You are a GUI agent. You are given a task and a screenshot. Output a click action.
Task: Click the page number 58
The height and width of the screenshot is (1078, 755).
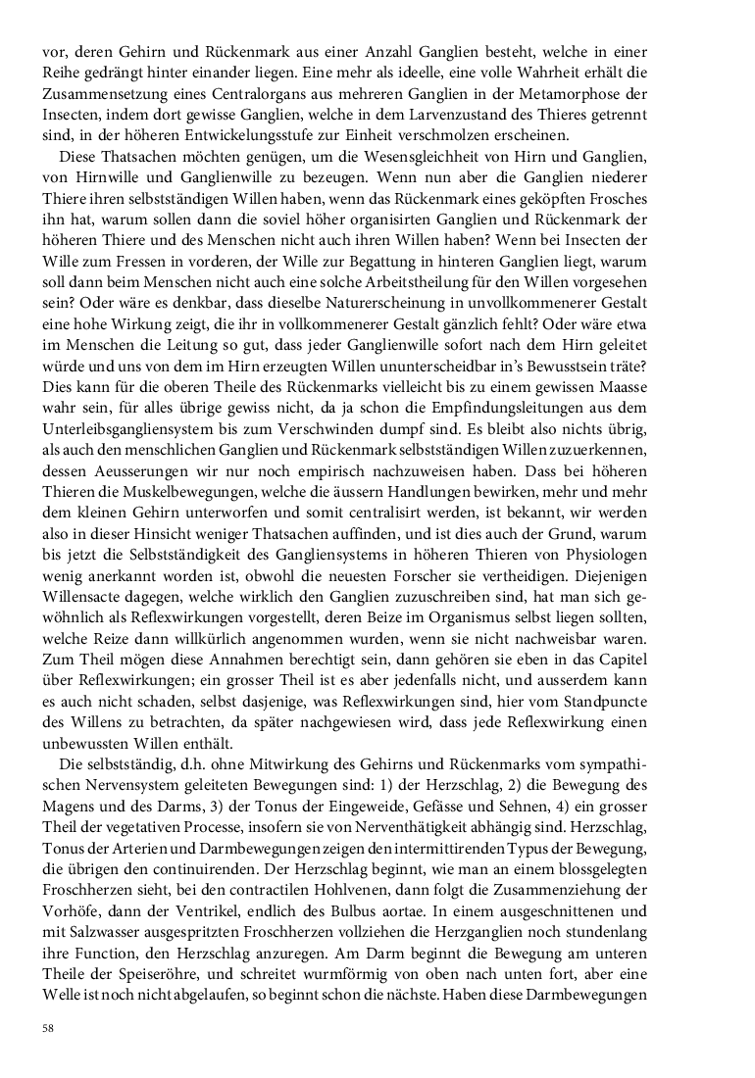(47, 1028)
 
